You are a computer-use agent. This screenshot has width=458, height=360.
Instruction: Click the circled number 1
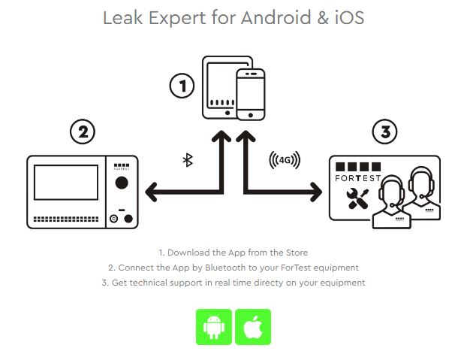[182, 86]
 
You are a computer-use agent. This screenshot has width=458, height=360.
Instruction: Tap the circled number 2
[83, 132]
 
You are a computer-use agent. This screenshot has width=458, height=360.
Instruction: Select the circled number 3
[384, 132]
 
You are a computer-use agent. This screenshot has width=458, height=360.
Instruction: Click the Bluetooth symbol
[188, 160]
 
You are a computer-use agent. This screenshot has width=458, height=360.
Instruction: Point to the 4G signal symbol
[285, 160]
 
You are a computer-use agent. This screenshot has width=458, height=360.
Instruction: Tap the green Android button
[214, 327]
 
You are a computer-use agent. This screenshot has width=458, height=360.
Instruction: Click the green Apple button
[253, 327]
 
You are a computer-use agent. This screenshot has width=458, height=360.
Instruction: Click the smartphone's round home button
[250, 115]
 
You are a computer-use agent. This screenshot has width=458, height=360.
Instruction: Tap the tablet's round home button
[227, 113]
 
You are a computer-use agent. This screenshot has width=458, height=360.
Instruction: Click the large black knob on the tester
[122, 183]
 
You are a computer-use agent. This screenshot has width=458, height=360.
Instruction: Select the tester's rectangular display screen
[66, 183]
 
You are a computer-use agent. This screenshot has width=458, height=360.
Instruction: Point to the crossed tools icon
[357, 198]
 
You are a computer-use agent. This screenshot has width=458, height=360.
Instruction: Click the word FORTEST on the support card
[358, 178]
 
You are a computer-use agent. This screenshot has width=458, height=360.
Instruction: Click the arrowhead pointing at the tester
[152, 192]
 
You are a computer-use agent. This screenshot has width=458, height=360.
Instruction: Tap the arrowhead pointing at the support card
[316, 192]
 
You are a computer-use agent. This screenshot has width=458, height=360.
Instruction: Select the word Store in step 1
[297, 253]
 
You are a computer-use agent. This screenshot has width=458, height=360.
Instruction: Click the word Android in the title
[276, 17]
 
